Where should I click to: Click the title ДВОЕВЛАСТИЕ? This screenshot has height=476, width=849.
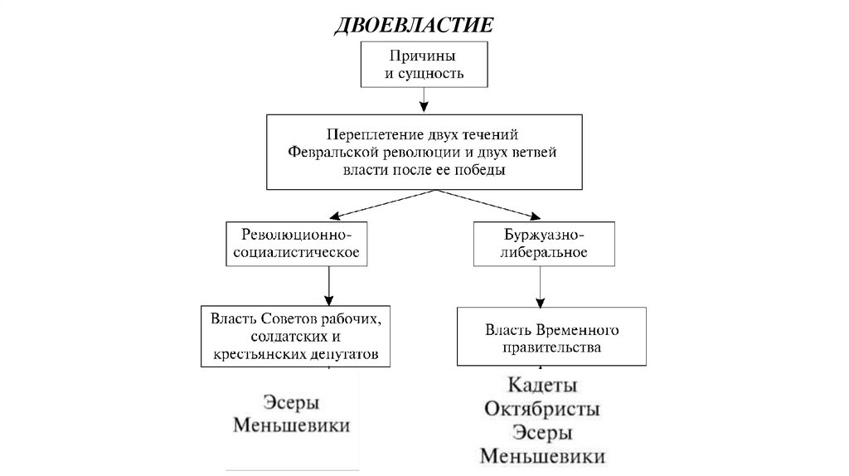(414, 25)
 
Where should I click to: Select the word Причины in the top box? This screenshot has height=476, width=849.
(423, 56)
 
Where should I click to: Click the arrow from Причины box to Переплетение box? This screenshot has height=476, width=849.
(424, 100)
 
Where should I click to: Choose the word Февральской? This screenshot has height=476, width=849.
(333, 151)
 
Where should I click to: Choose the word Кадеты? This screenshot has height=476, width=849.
(542, 386)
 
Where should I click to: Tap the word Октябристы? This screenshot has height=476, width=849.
(542, 410)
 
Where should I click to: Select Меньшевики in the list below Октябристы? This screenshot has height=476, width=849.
(542, 456)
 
